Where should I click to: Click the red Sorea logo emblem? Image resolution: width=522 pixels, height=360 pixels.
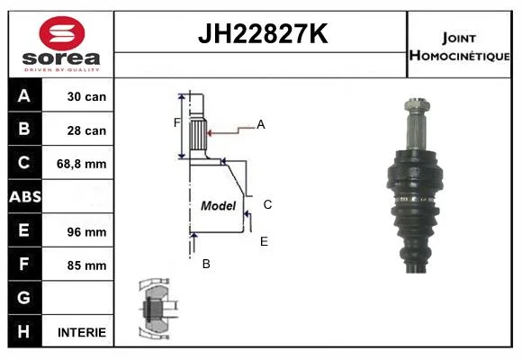[x=62, y=33]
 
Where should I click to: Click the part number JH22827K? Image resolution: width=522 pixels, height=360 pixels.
[x=263, y=33]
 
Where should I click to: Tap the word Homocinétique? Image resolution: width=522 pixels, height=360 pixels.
[x=459, y=55]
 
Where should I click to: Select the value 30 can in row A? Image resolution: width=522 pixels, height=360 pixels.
[x=86, y=96]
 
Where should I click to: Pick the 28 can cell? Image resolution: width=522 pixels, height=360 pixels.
[x=86, y=130]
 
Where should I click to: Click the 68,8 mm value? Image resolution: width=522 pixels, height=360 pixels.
[x=82, y=164]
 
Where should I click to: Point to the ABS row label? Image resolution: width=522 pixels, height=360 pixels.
[x=25, y=197]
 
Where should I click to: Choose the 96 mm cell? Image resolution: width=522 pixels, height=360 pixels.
[x=86, y=232]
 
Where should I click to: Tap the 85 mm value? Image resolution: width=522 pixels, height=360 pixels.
[x=86, y=265]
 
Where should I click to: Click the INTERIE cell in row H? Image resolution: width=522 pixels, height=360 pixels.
[x=82, y=332]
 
